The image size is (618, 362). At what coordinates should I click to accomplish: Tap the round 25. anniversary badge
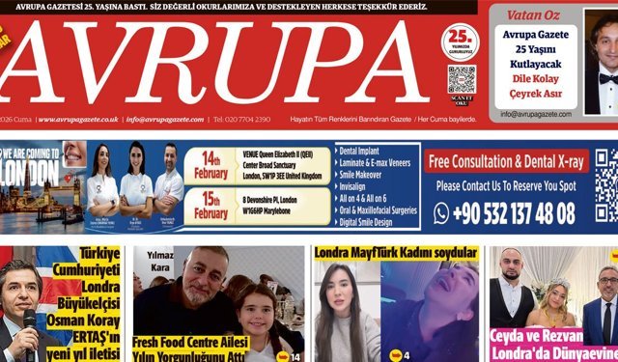tap(460, 42)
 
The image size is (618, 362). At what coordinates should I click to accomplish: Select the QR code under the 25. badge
tap(461, 79)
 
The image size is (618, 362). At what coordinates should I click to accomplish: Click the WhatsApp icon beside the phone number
tap(441, 213)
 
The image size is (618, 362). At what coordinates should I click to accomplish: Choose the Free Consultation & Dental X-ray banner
tap(507, 161)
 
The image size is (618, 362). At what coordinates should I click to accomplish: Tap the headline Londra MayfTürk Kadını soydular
tap(396, 253)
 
